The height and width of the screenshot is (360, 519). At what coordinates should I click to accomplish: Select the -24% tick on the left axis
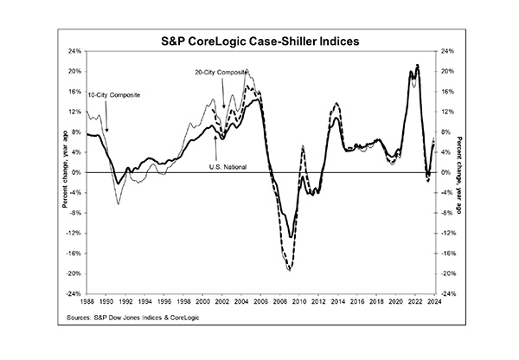pos(74,293)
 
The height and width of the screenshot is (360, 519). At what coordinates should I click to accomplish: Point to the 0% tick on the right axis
pos(445,172)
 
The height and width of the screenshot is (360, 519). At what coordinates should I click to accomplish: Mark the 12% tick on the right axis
pos(446,112)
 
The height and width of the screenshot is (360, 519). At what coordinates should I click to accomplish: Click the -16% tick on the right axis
pos(448,253)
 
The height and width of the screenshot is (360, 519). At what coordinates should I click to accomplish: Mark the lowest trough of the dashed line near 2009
pos(289,270)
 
